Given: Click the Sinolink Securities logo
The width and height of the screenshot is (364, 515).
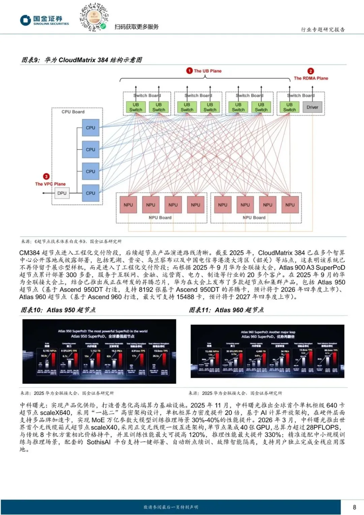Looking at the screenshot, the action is [x=44, y=20].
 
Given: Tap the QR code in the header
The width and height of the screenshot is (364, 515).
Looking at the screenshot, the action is [x=94, y=17].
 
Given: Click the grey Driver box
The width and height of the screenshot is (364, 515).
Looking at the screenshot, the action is [x=312, y=107].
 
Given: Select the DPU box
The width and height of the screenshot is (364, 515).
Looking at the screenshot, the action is [x=62, y=193].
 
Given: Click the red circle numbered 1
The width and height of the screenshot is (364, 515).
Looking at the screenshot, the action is [x=189, y=70].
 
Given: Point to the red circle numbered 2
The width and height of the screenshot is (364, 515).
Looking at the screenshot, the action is [x=310, y=71].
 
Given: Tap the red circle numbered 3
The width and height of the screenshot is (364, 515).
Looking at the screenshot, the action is [x=46, y=176].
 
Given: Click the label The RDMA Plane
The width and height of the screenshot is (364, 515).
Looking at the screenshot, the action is [x=311, y=78].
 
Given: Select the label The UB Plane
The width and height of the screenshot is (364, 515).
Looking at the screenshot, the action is [x=208, y=71].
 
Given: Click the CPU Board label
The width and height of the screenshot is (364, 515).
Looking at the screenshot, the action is [x=73, y=112].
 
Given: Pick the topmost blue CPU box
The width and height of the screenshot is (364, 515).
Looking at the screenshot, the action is [x=90, y=128].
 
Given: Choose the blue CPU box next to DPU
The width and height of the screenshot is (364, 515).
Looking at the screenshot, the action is [x=90, y=193].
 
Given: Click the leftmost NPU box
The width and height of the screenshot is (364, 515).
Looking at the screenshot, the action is [x=128, y=205].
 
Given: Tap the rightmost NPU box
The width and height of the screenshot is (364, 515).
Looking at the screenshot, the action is [x=290, y=205].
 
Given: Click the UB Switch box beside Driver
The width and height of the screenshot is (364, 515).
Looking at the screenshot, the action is [x=289, y=107].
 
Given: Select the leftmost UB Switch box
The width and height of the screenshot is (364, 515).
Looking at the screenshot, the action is [x=135, y=107].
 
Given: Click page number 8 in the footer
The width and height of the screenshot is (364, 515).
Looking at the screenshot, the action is [x=354, y=507].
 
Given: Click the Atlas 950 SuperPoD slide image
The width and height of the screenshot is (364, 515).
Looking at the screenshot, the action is [x=99, y=351].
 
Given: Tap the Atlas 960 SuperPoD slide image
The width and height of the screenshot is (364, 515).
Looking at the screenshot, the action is [x=267, y=351].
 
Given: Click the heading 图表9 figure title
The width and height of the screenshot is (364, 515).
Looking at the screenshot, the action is [x=82, y=60].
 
